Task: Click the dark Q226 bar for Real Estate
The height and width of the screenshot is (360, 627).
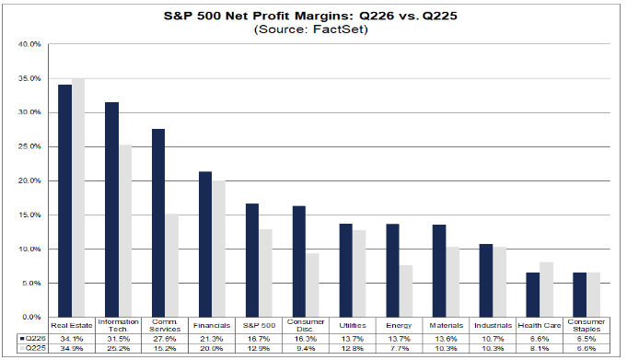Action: pyautogui.click(x=64, y=201)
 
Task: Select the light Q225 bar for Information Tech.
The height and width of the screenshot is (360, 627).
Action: pyautogui.click(x=125, y=231)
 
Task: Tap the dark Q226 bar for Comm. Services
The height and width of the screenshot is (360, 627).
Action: pyautogui.click(x=158, y=223)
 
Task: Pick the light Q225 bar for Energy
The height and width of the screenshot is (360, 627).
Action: pyautogui.click(x=406, y=291)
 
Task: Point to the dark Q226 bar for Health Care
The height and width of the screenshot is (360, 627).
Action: pyautogui.click(x=533, y=295)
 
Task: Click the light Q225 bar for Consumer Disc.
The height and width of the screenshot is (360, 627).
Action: pyautogui.click(x=312, y=285)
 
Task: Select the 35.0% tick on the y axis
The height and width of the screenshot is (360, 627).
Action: pyautogui.click(x=29, y=78)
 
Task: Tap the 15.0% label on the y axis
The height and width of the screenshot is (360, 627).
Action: pyautogui.click(x=29, y=215)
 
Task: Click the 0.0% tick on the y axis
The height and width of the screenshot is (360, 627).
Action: pyautogui.click(x=31, y=318)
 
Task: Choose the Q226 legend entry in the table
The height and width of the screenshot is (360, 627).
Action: pyautogui.click(x=33, y=339)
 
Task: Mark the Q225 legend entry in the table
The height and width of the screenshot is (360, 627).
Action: pyautogui.click(x=33, y=348)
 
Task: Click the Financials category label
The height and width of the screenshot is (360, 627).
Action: pyautogui.click(x=212, y=326)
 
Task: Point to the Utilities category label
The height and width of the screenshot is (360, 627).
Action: pyautogui.click(x=353, y=326)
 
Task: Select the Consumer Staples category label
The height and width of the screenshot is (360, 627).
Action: pyautogui.click(x=586, y=326)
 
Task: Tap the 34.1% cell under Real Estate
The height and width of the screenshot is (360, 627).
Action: pyautogui.click(x=72, y=339)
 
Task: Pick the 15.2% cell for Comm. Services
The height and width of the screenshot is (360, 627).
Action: pyautogui.click(x=165, y=348)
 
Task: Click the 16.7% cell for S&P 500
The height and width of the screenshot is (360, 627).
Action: pyautogui.click(x=259, y=339)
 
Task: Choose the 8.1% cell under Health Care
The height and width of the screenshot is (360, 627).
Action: pyautogui.click(x=540, y=348)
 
